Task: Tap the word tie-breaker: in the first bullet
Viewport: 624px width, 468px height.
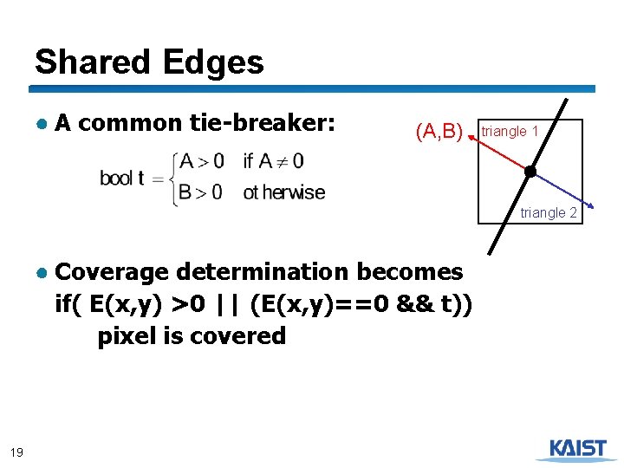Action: pyautogui.click(x=262, y=124)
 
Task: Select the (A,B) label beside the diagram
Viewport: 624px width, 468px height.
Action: pyautogui.click(x=439, y=132)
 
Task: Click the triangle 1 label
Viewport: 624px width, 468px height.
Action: pyautogui.click(x=510, y=131)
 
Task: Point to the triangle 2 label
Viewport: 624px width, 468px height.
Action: pyautogui.click(x=549, y=212)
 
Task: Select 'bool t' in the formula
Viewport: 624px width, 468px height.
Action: pyautogui.click(x=122, y=179)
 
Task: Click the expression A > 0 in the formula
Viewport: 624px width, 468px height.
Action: pyautogui.click(x=201, y=161)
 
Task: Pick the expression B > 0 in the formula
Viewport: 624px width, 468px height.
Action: pyautogui.click(x=201, y=192)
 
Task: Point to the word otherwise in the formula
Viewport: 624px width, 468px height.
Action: pyautogui.click(x=284, y=192)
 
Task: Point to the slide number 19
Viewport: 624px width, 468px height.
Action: pyautogui.click(x=16, y=451)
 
